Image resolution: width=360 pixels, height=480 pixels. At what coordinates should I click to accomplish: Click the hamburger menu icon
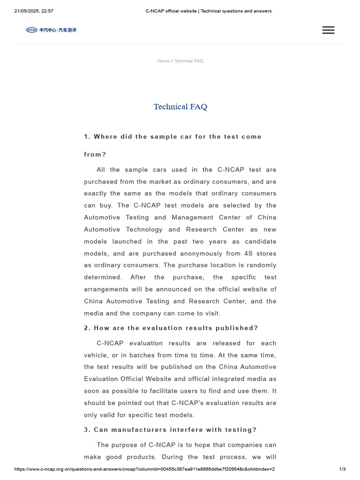coord(328,30)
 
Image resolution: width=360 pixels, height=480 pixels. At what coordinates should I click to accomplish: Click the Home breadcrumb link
coord(163,61)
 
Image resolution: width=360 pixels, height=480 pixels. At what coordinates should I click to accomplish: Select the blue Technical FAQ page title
coord(180,107)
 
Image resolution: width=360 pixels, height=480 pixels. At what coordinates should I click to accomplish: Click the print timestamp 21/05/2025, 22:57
coord(34,11)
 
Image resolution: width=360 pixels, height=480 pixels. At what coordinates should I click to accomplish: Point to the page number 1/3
coord(342,469)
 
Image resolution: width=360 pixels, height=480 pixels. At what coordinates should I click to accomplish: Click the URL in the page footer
coord(144,469)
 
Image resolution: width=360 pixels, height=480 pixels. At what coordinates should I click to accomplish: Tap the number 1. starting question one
coord(87,137)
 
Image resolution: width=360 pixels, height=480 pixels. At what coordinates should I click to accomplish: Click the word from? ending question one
coord(95,155)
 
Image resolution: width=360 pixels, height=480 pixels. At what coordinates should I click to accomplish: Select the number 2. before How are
coord(87,328)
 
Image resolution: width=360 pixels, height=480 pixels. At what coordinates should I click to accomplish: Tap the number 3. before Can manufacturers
coord(87,430)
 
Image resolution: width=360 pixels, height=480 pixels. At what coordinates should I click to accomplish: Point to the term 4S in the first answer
coord(248,254)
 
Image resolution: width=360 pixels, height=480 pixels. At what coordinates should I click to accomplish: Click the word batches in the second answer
coord(132,355)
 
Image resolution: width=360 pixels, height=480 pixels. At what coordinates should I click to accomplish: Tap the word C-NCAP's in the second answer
coord(187,403)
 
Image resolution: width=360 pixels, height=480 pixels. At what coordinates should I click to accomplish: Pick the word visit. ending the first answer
coord(211,313)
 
